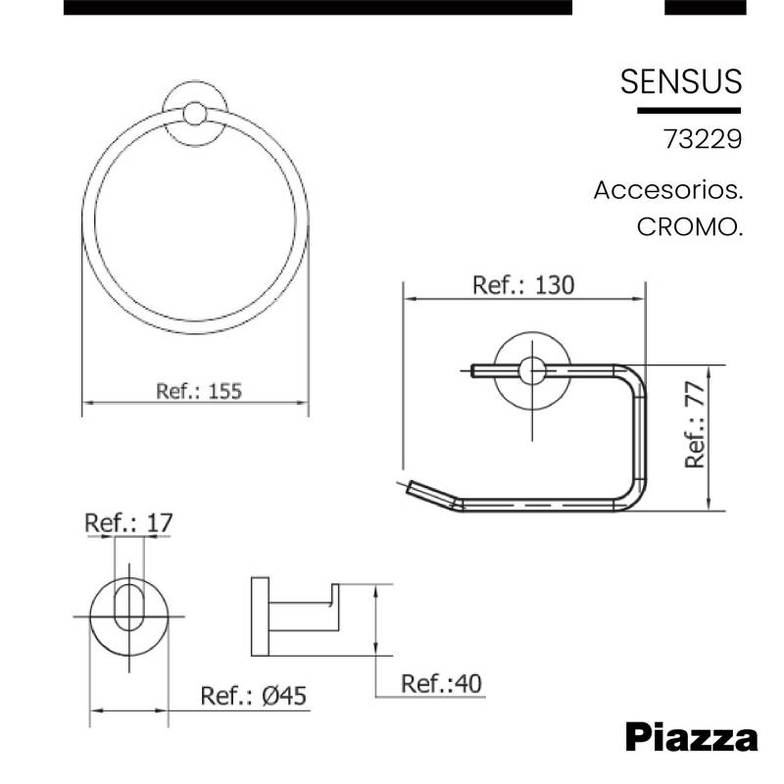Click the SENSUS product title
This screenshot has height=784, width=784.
click(x=681, y=81)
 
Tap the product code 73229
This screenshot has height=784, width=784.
click(x=703, y=139)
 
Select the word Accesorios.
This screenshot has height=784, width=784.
click(x=668, y=190)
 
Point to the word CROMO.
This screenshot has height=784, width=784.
click(x=690, y=227)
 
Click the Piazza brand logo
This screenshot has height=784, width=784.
click(x=692, y=737)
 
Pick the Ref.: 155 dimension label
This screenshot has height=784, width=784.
click(x=199, y=391)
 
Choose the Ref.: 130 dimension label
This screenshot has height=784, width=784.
click(x=523, y=285)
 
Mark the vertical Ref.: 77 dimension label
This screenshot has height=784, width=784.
click(x=695, y=424)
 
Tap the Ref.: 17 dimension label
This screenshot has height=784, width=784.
click(x=128, y=523)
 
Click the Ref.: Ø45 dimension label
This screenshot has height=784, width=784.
click(x=253, y=696)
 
